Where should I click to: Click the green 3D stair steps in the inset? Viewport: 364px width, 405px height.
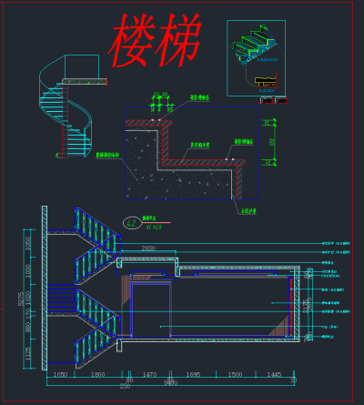pyautogui.click(x=257, y=46)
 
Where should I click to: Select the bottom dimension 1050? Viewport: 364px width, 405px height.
pyautogui.click(x=60, y=374)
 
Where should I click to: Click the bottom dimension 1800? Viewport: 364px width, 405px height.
pyautogui.click(x=98, y=374)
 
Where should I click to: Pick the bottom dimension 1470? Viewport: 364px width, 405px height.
pyautogui.click(x=150, y=374)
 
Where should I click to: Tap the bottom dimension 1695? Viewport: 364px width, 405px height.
pyautogui.click(x=193, y=374)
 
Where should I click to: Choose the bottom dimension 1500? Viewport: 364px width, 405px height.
pyautogui.click(x=235, y=374)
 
